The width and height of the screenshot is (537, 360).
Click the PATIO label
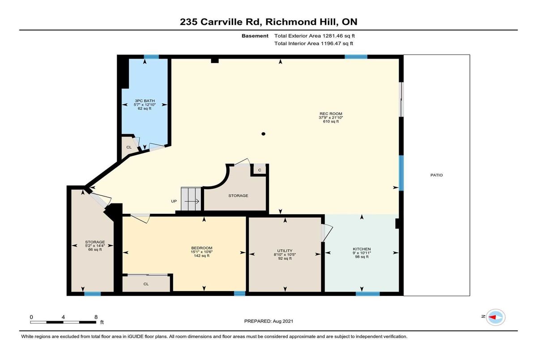[x=436, y=175]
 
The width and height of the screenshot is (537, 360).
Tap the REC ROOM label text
[x=331, y=114]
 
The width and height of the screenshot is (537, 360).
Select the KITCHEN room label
[x=362, y=249]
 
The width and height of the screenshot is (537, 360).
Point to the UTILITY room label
[x=285, y=251]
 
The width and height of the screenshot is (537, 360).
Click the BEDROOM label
[x=202, y=248]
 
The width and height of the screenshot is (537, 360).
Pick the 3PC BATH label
[x=145, y=101]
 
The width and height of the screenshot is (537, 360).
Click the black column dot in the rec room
[x=263, y=134]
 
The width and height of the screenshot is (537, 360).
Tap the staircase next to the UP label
[x=191, y=199]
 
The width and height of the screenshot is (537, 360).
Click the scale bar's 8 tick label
[x=96, y=317]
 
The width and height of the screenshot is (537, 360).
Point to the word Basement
[x=255, y=36]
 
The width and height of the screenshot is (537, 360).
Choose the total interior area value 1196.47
[x=331, y=43]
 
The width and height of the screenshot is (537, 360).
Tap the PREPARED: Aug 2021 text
[x=268, y=321]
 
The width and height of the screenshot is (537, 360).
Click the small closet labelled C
[x=260, y=169]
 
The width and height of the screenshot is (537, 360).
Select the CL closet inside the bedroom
[x=146, y=284]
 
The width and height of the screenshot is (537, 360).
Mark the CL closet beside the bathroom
[x=129, y=147]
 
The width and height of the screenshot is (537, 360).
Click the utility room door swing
[x=327, y=233]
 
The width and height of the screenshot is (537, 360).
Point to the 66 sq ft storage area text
[x=95, y=250]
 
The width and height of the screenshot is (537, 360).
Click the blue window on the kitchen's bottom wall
[x=367, y=294]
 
